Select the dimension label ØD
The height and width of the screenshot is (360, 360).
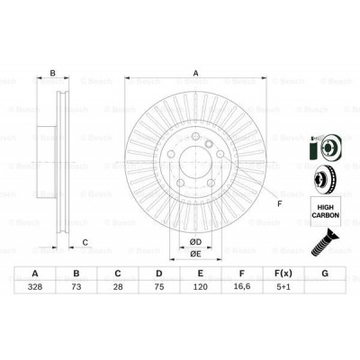tap(193, 241)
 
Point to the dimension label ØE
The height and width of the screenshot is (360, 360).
tap(193, 256)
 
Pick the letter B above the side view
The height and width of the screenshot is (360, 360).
tap(53, 75)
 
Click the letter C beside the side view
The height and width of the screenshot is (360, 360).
tap(85, 241)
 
